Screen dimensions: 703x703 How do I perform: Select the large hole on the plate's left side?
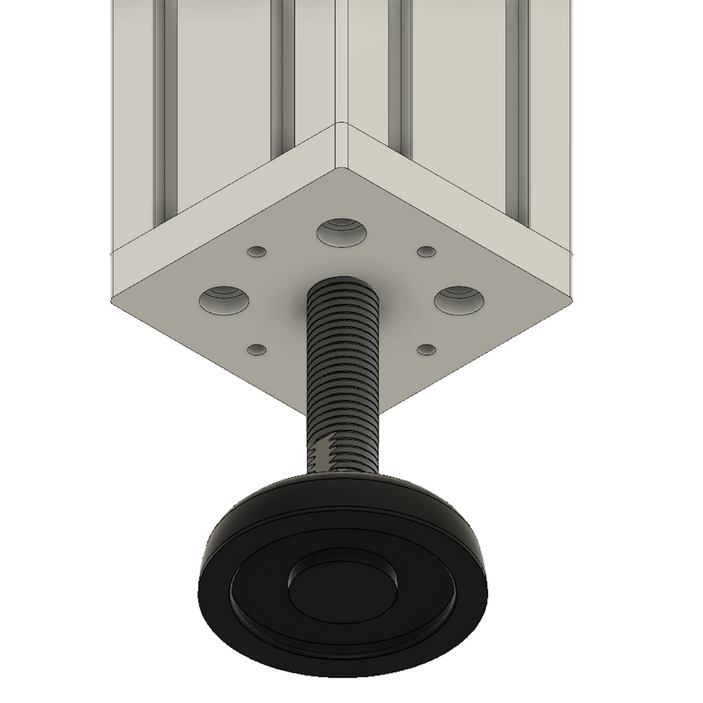click(224, 299)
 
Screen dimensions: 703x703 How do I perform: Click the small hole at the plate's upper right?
click(426, 251)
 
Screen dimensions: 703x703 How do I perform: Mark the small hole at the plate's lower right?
click(426, 348)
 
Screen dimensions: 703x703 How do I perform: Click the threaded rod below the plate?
click(344, 366)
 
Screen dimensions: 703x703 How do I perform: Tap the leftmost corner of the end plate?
click(112, 299)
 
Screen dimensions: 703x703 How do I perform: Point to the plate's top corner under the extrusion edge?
click(340, 169)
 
